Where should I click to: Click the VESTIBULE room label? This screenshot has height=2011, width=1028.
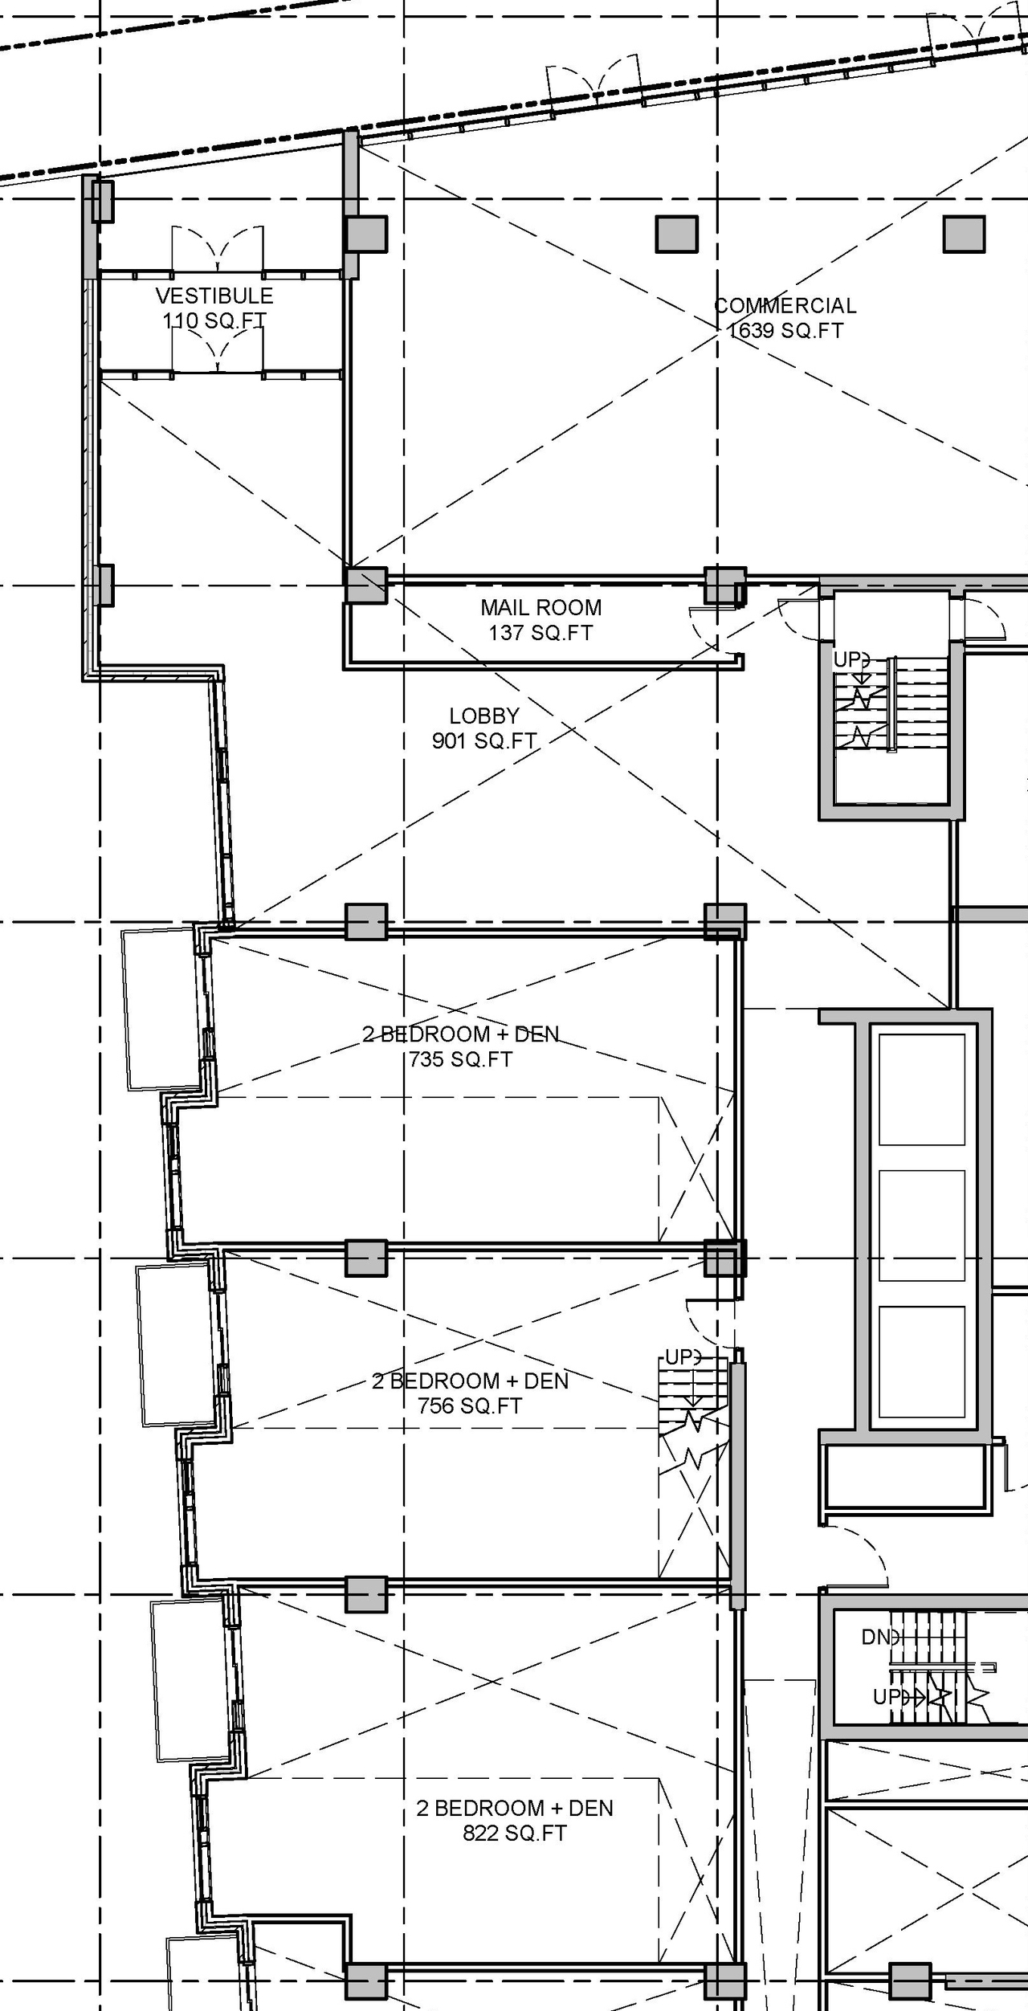pos(214,296)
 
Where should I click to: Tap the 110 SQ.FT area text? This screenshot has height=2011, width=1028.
pos(214,321)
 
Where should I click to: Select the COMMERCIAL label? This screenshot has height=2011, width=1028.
pos(785,306)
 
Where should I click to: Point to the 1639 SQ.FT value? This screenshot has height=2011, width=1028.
pos(785,331)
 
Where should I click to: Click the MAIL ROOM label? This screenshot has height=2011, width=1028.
pos(541,608)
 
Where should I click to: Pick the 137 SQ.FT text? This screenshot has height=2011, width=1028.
pos(541,633)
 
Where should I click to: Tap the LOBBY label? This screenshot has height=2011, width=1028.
pos(483,716)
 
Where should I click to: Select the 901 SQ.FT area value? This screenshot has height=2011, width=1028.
pos(483,741)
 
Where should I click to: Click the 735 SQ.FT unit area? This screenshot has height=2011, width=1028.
pos(460,1059)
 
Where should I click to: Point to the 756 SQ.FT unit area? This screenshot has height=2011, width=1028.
pos(470,1406)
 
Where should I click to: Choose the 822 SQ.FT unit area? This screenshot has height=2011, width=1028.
pos(515,1834)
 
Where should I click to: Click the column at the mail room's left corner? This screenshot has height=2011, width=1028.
pos(365,585)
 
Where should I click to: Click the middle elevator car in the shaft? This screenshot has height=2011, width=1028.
pos(921,1226)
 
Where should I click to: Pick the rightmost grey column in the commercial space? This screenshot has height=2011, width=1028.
pos(964,235)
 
